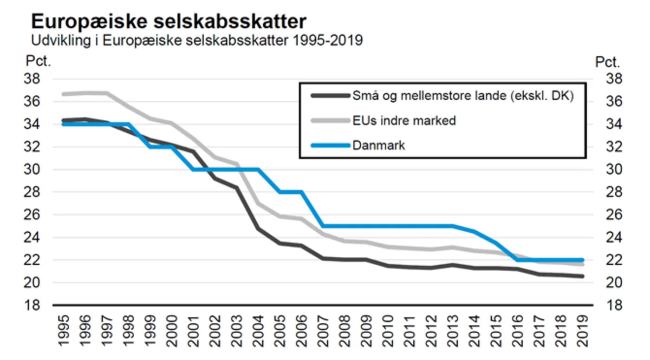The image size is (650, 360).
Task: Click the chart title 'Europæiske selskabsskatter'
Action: pyautogui.click(x=169, y=21)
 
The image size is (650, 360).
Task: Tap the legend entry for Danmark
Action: pyautogui.click(x=379, y=145)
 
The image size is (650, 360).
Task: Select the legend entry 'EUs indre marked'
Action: pyautogui.click(x=404, y=121)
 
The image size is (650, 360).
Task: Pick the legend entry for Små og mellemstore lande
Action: pyautogui.click(x=462, y=96)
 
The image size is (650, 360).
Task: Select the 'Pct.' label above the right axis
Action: pyautogui.click(x=608, y=62)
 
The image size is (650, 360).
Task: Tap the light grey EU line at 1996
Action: pyautogui.click(x=84, y=93)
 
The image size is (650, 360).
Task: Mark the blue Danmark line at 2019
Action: pyautogui.click(x=582, y=260)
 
